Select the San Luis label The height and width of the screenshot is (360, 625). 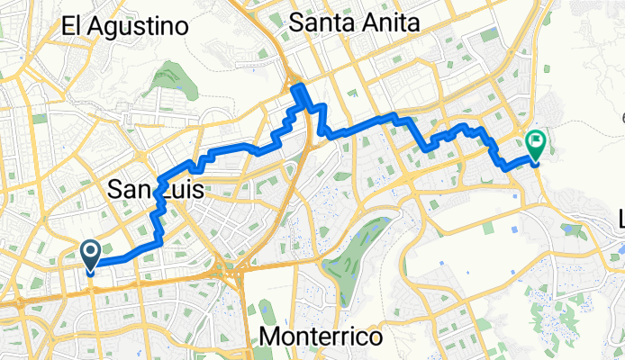click(156, 190)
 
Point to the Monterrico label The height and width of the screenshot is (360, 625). click(320, 337)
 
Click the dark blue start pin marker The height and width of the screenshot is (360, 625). click(91, 256)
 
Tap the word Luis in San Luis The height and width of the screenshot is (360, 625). click(180, 190)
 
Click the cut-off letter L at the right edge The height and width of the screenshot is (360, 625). click(620, 219)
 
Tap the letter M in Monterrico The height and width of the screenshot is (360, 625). click(268, 337)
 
